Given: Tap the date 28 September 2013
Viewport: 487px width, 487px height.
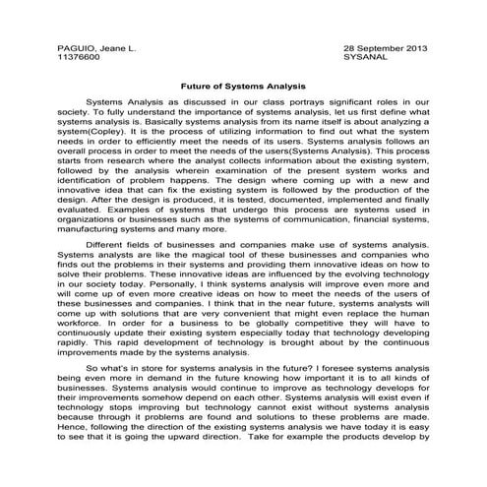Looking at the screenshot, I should click(386, 48).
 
